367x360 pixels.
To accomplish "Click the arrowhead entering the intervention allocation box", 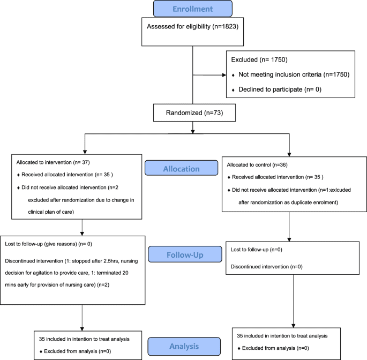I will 84,152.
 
